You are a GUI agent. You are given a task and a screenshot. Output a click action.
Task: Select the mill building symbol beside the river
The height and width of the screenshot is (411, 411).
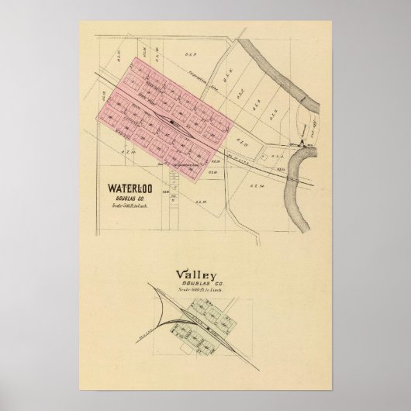pos(298,142)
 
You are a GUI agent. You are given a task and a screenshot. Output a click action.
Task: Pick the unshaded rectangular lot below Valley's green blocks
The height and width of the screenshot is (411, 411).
pos(190,341)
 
